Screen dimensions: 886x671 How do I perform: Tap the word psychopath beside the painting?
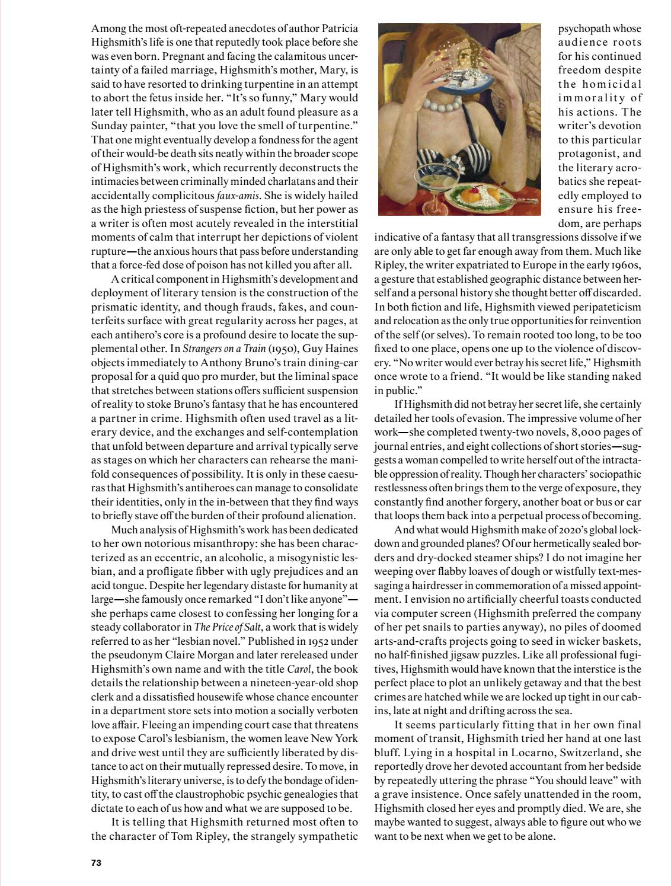pyautogui.click(x=599, y=28)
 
